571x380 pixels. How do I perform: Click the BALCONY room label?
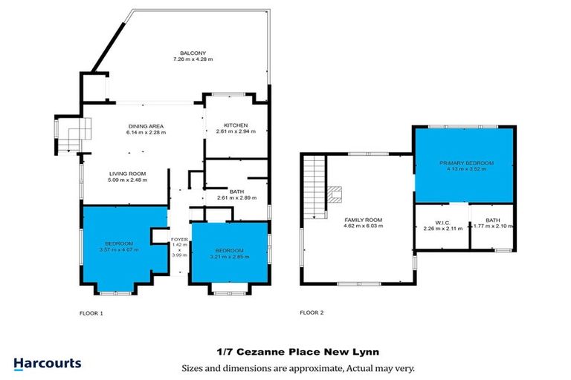[x=187, y=52]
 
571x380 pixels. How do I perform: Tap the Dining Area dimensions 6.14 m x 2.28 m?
[x=146, y=133]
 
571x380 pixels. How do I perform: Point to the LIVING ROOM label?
[x=126, y=173]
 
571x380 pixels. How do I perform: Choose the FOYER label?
[x=179, y=239]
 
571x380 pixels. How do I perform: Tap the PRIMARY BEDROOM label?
[x=466, y=163]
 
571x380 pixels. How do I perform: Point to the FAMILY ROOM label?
[x=362, y=220]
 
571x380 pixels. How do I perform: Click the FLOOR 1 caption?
[x=91, y=313]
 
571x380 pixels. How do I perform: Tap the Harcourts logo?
[x=48, y=364]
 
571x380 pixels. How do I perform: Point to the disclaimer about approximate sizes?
[x=297, y=367]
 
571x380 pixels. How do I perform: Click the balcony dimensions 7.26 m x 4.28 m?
[x=187, y=59]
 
